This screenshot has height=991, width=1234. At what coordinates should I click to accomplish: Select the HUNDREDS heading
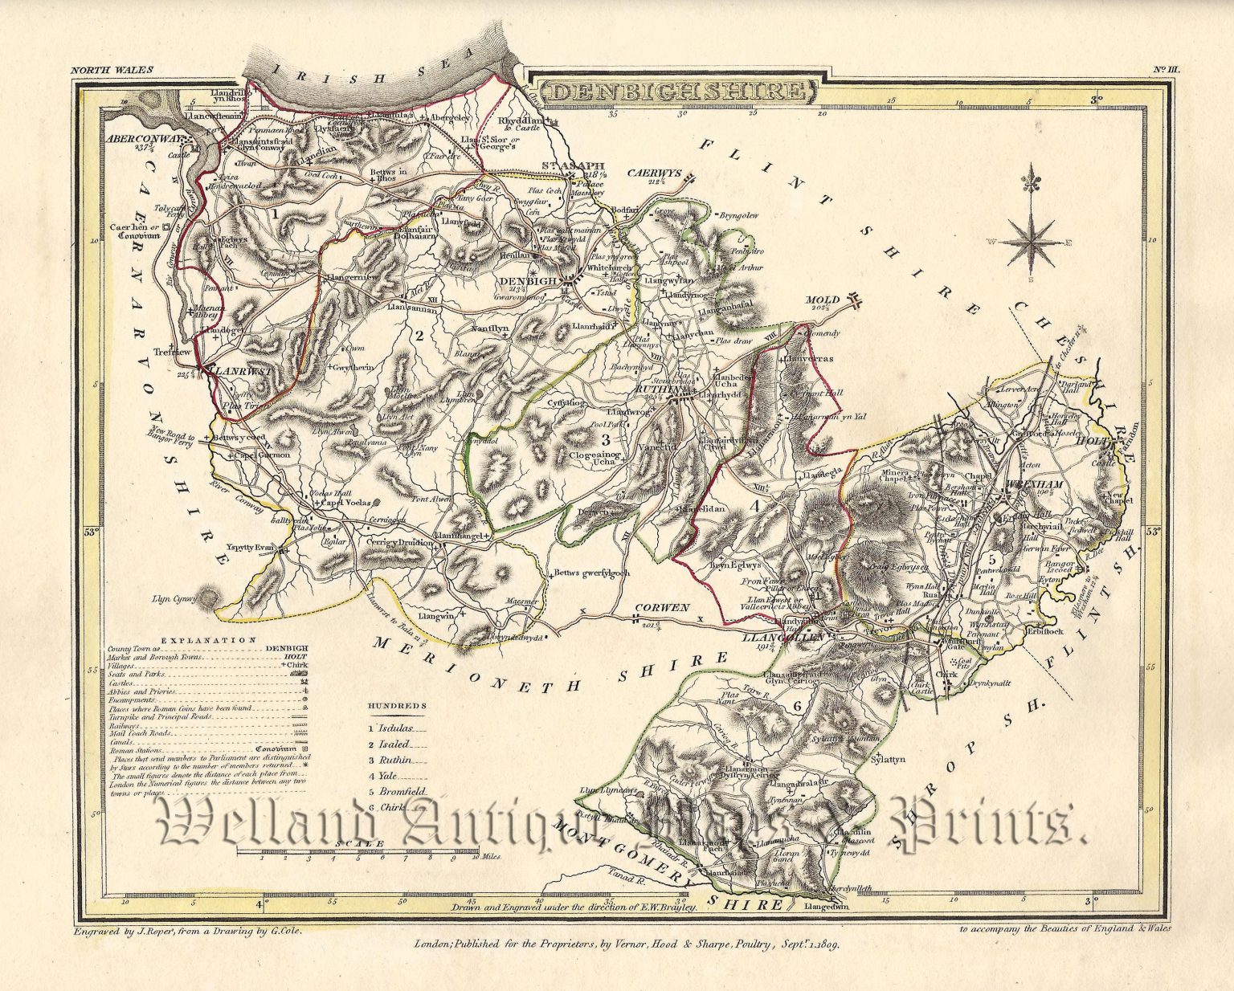[x=398, y=706]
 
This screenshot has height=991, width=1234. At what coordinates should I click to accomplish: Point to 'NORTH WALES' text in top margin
[x=112, y=71]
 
